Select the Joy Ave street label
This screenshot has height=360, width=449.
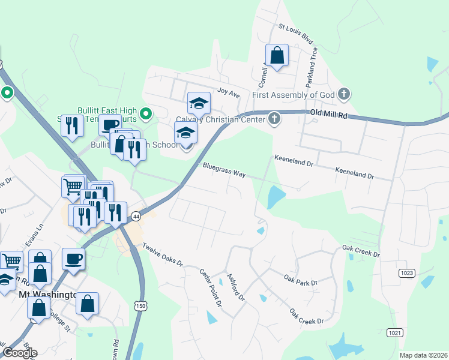(x=228, y=94)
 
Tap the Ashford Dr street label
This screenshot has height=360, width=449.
(x=236, y=287)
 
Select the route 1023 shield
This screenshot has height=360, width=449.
(x=406, y=273)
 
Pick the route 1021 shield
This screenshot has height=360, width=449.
(x=394, y=332)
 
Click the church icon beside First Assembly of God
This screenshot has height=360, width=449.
(x=343, y=94)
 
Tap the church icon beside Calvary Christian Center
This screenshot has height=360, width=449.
(x=274, y=118)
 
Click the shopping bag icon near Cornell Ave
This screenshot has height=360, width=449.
(x=277, y=55)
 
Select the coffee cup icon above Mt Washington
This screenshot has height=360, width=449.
(x=73, y=259)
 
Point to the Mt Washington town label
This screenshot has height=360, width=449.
(x=47, y=295)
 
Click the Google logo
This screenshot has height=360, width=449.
(x=19, y=353)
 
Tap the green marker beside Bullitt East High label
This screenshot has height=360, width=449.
(x=145, y=112)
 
